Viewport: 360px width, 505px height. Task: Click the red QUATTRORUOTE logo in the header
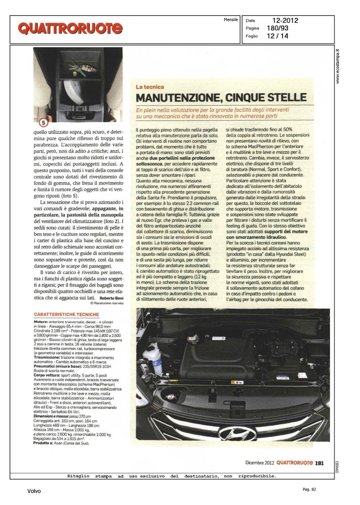[70, 29]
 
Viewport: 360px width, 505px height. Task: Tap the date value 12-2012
[285, 21]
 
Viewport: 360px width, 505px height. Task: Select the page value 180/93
[277, 28]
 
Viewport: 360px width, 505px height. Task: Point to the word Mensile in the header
[231, 20]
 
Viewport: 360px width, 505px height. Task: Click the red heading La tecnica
[150, 87]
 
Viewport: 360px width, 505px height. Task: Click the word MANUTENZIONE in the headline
[178, 98]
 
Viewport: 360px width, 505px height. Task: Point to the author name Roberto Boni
[111, 298]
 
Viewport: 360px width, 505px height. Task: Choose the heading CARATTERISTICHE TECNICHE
[66, 314]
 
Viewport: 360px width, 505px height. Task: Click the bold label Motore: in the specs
[41, 322]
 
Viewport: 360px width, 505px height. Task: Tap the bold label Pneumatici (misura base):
[57, 366]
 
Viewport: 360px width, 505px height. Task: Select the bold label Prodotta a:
[42, 443]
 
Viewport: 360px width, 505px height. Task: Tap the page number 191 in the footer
[319, 463]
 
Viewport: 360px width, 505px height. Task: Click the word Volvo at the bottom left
[34, 491]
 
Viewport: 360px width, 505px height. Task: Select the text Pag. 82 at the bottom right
[309, 489]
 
